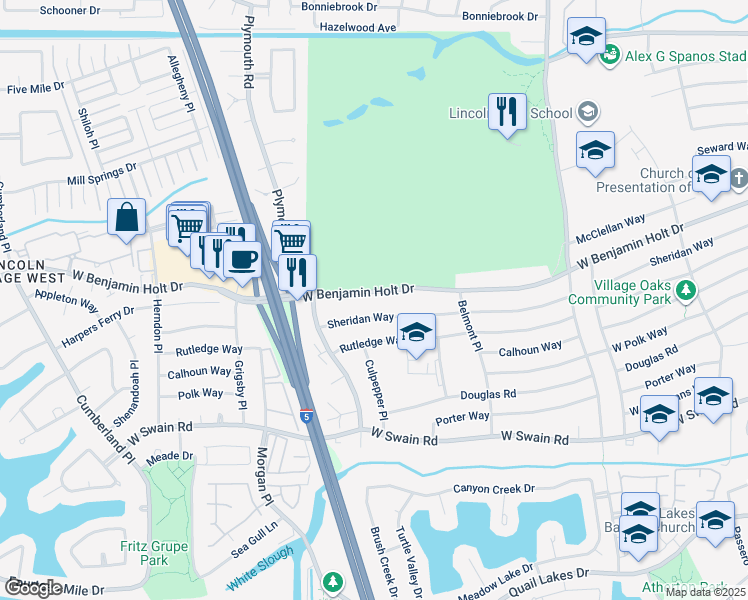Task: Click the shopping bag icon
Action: pyautogui.click(x=127, y=218)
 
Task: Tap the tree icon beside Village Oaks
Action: pyautogui.click(x=685, y=291)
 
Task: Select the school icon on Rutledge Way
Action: pyautogui.click(x=417, y=332)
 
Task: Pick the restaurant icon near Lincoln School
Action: pyautogui.click(x=508, y=112)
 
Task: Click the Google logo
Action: pyautogui.click(x=33, y=588)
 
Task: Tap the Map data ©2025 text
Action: pyautogui.click(x=705, y=592)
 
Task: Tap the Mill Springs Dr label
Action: pyautogui.click(x=100, y=180)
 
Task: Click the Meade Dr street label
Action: pyautogui.click(x=169, y=455)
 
